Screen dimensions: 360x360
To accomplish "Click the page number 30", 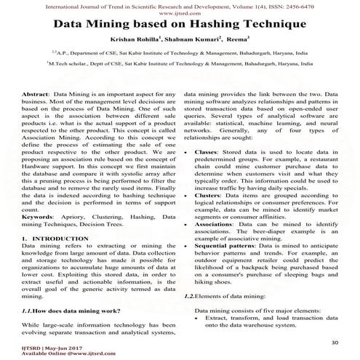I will tap(335, 342).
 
